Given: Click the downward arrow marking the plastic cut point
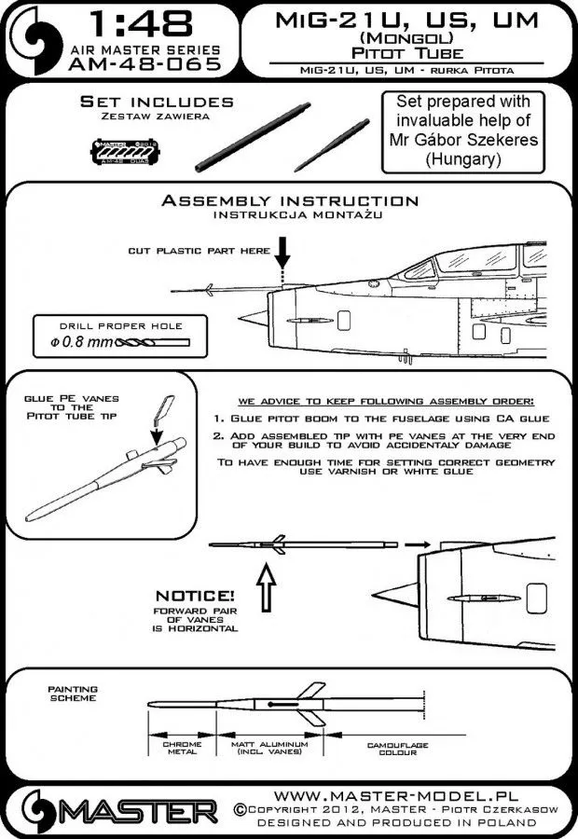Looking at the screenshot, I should (x=282, y=257).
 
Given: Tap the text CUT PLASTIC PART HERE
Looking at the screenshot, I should (x=200, y=252).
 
